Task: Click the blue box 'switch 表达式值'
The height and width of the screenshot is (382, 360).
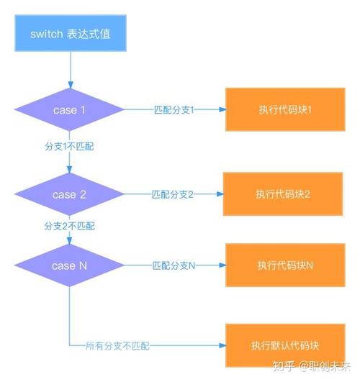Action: point(70,34)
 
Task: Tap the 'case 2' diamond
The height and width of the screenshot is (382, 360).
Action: point(70,194)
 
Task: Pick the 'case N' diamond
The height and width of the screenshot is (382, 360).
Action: point(70,265)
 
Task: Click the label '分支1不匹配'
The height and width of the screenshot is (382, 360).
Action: point(69,146)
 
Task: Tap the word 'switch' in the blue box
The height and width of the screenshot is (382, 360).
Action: point(46,34)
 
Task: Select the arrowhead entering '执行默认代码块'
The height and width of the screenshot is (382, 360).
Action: point(222,346)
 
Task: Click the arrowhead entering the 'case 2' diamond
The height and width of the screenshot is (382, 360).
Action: point(70,170)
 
